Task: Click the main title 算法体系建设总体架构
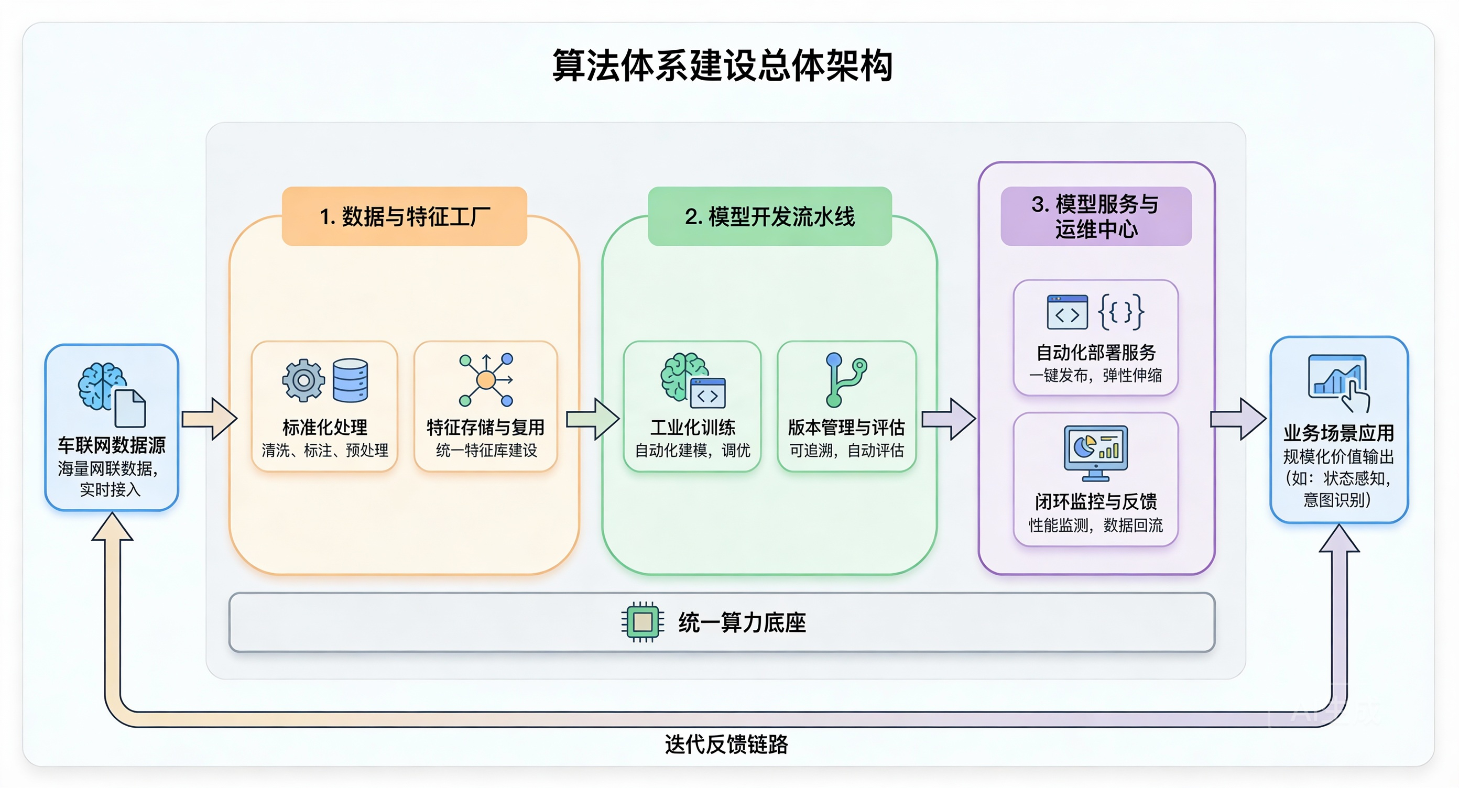723,65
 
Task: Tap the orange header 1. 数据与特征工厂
405,216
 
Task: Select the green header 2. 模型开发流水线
770,216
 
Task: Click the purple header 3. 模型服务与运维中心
1096,216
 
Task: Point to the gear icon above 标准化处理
303,380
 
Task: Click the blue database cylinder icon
350,380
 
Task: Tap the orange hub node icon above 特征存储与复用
486,380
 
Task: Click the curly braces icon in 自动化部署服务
1121,312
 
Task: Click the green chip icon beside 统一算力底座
643,622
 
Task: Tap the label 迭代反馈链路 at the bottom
726,745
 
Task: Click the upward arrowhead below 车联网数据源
112,529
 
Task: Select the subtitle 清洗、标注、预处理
324,451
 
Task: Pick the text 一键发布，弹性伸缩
1095,375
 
